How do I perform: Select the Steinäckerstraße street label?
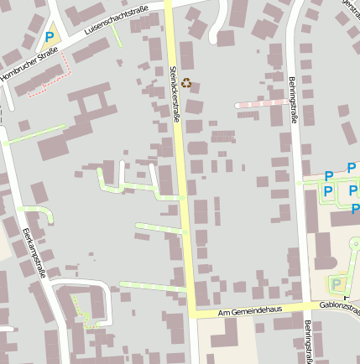point(175,94)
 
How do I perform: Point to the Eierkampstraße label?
point(34,252)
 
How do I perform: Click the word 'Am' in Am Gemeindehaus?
point(223,312)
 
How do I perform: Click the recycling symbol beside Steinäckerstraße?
point(186,83)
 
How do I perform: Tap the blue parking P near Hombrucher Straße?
point(50,37)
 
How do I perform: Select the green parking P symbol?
point(337,283)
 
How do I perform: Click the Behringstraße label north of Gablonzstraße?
point(294,100)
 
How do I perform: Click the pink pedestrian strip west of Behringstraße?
point(260,103)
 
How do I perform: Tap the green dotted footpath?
point(82,309)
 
